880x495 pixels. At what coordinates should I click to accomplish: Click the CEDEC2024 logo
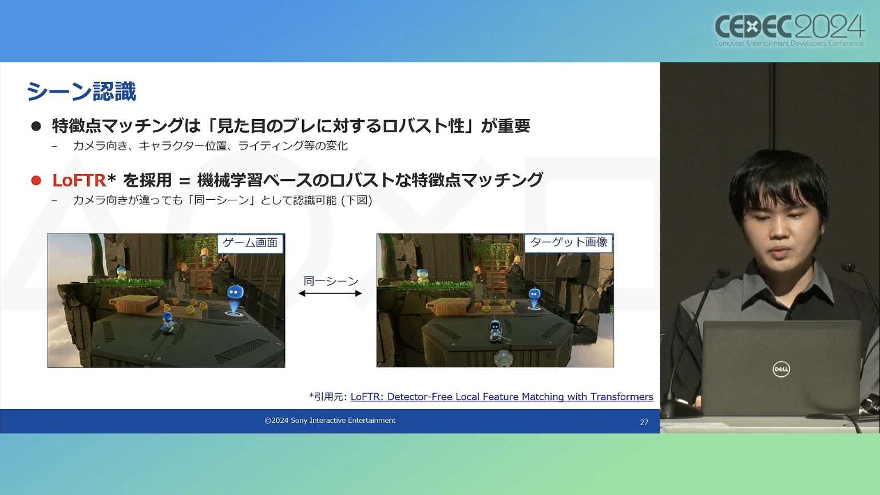coord(789,30)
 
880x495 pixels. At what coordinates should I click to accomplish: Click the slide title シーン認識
coord(81,91)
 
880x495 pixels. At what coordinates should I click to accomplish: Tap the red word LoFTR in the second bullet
coord(79,180)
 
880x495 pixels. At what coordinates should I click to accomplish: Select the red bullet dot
coord(36,181)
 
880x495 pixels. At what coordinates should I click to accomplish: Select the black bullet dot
coord(36,126)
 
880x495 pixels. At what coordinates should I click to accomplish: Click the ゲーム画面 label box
coord(250,243)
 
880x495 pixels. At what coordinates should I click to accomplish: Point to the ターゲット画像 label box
coord(569,243)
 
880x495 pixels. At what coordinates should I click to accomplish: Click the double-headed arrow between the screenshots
coord(330,294)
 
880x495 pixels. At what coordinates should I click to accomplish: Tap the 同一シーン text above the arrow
coord(331,281)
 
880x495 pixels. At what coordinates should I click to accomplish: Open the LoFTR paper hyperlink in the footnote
coord(502,397)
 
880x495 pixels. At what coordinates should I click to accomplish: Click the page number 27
coord(644,422)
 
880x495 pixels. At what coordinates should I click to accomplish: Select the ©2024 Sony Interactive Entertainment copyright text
coord(330,421)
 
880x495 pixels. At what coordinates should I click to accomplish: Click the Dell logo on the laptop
coord(781,369)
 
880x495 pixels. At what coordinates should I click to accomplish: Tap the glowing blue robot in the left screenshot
coord(235,299)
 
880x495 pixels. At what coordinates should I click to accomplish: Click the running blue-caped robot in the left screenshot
coord(168,323)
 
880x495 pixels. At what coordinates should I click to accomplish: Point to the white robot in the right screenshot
coord(496,331)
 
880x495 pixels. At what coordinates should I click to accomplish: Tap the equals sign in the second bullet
coord(184,181)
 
